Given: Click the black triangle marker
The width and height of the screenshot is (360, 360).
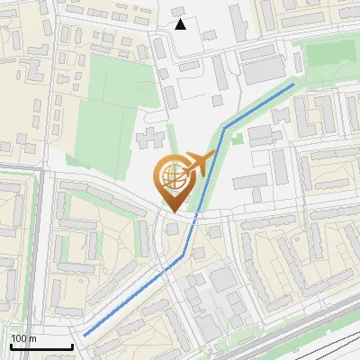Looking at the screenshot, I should (x=180, y=24).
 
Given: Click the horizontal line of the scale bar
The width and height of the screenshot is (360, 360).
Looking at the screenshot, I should (x=41, y=346).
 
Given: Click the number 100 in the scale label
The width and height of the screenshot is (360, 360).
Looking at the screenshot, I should (x=19, y=338).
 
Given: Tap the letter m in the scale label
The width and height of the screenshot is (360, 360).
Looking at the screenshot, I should (x=32, y=338).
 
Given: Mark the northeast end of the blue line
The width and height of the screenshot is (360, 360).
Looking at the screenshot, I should (x=293, y=85).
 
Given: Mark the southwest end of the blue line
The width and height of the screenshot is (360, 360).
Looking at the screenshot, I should (x=85, y=336).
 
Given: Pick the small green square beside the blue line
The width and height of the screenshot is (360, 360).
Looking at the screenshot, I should (x=237, y=139).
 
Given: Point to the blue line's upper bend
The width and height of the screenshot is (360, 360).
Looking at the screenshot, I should (x=225, y=124).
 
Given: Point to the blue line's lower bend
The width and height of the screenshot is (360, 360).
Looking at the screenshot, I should (x=183, y=256).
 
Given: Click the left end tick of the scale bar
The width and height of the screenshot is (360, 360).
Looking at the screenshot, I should (x=11, y=345).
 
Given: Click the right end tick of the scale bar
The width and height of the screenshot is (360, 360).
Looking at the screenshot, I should (x=72, y=345).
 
